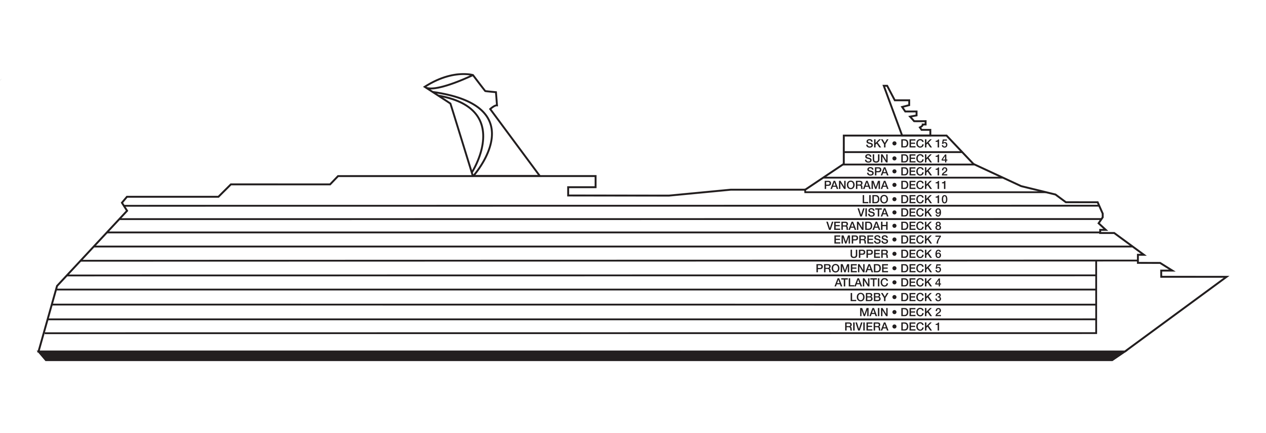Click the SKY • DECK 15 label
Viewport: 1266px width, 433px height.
(906, 144)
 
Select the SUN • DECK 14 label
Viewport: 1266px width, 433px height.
(906, 158)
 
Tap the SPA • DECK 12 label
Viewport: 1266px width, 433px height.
(907, 171)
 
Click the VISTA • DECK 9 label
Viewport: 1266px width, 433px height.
(899, 213)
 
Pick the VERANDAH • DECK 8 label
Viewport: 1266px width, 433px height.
(883, 226)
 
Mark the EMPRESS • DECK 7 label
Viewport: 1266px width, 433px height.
(888, 240)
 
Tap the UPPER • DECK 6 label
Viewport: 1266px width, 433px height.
(895, 254)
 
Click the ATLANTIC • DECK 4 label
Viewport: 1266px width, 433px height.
(888, 282)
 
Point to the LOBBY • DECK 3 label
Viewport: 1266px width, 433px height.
(895, 297)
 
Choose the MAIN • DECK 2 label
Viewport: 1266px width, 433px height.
(900, 312)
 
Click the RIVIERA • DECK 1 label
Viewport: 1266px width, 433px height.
(892, 326)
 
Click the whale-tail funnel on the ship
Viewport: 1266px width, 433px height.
(472, 123)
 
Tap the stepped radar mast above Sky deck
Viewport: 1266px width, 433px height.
(907, 110)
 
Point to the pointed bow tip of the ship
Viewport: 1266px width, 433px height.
(1228, 277)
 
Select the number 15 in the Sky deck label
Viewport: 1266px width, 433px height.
(941, 144)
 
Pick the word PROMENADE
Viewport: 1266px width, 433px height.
(852, 268)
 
